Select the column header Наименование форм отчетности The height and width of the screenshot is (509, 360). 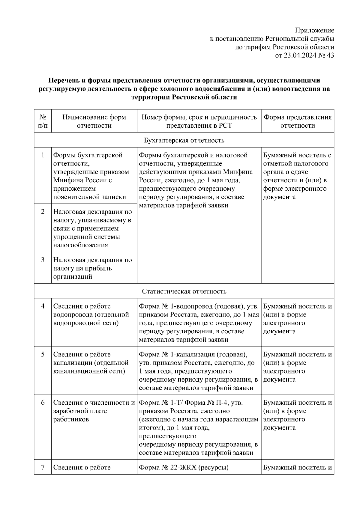94,121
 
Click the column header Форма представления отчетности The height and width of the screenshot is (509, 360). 297,121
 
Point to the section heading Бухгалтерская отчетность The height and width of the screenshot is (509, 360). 184,140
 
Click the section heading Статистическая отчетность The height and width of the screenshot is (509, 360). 184,291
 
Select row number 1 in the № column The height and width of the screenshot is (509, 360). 43,155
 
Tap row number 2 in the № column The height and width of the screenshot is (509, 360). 43,211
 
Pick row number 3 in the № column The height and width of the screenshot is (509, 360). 43,260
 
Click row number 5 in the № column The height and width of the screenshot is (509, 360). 43,354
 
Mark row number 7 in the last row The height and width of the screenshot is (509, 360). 43,467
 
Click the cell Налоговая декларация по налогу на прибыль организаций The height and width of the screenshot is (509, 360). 92,268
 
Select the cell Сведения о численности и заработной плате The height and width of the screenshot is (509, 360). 94,411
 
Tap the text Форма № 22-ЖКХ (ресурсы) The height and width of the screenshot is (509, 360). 184,467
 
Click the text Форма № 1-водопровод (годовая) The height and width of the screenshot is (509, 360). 190,306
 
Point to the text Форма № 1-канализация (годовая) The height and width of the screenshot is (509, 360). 193,354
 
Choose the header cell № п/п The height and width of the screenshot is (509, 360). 43,121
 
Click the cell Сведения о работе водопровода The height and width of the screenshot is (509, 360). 91,314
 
